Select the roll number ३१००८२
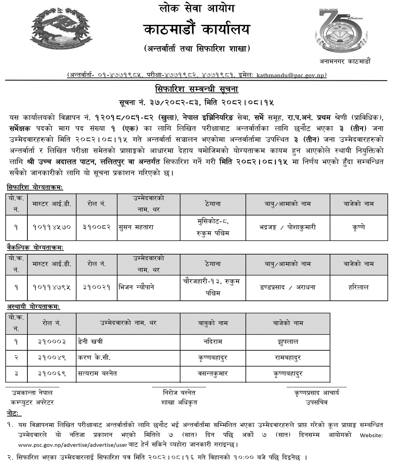click(x=96, y=227)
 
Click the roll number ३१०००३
click(x=52, y=342)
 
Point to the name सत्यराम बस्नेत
click(x=97, y=373)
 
